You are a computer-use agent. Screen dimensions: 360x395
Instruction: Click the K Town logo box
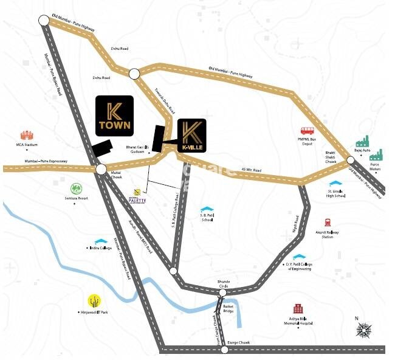click(115, 115)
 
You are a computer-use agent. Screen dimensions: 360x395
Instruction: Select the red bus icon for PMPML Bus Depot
click(307, 131)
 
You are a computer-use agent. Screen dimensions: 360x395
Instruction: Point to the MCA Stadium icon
click(27, 135)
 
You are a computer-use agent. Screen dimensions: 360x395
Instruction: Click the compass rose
click(364, 330)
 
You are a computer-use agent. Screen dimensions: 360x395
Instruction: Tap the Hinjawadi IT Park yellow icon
click(94, 300)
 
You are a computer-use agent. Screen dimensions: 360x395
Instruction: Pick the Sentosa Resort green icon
click(76, 189)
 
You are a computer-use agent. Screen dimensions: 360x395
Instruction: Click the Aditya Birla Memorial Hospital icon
click(298, 309)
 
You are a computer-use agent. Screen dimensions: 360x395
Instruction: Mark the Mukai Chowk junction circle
click(101, 169)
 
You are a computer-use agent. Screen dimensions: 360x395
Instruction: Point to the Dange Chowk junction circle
click(223, 350)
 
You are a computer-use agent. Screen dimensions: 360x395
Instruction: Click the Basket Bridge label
click(228, 309)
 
